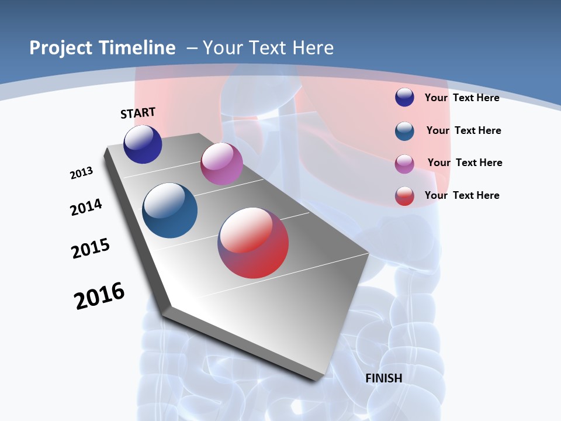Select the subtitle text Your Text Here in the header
[x=268, y=48]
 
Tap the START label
[x=138, y=113]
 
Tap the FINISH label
[x=383, y=378]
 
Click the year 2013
[x=81, y=173]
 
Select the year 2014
[x=86, y=208]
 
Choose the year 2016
[x=99, y=296]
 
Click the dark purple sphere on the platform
[x=143, y=144]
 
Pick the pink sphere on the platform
[x=221, y=164]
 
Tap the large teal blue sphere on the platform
[x=169, y=210]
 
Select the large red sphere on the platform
[x=253, y=243]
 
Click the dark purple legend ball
[x=404, y=97]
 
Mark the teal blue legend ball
[x=404, y=130]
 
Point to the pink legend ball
[x=404, y=163]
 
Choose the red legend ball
[x=404, y=196]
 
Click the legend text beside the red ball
[x=462, y=195]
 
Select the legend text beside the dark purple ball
[x=462, y=98]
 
